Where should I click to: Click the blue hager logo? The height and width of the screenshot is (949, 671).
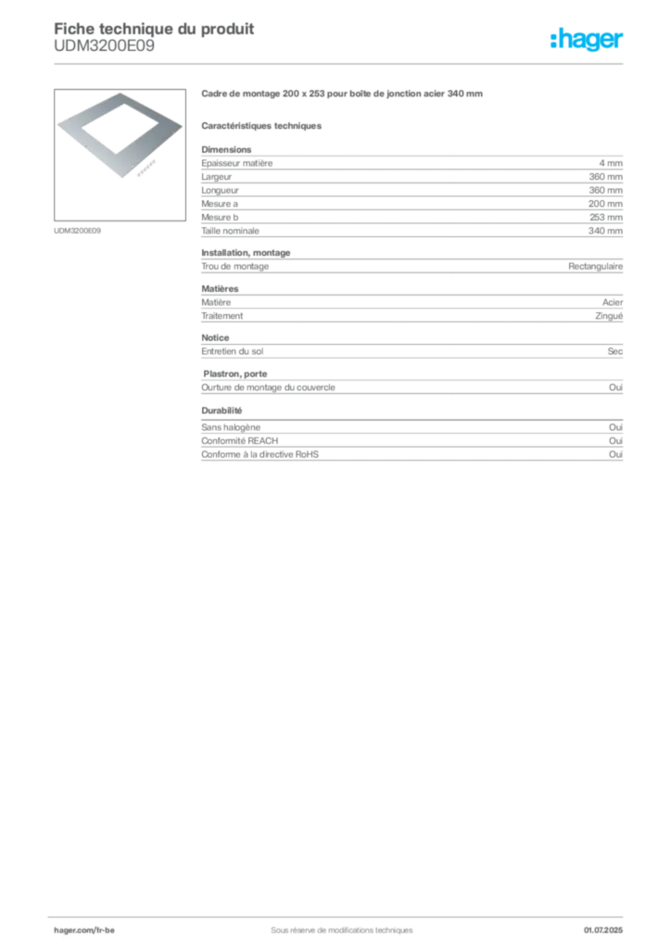coord(589,41)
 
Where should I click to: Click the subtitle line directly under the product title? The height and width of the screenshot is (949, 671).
coord(263,125)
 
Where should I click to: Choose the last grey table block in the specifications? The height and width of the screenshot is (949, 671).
coord(411,443)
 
